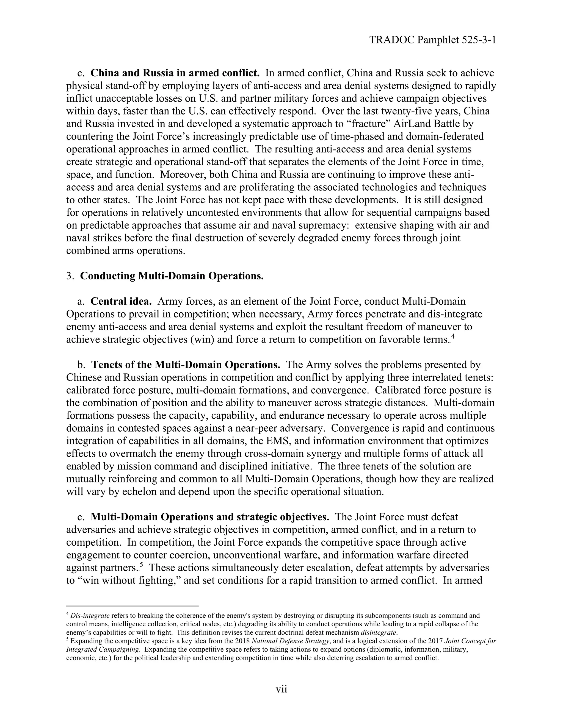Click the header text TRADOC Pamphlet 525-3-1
click(x=433, y=40)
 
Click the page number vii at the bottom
click(x=281, y=689)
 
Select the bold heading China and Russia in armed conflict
click(x=175, y=73)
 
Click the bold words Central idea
click(x=121, y=301)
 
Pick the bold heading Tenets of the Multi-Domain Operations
click(x=186, y=365)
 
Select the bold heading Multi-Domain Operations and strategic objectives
click(x=210, y=517)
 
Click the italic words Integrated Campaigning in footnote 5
click(x=103, y=649)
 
